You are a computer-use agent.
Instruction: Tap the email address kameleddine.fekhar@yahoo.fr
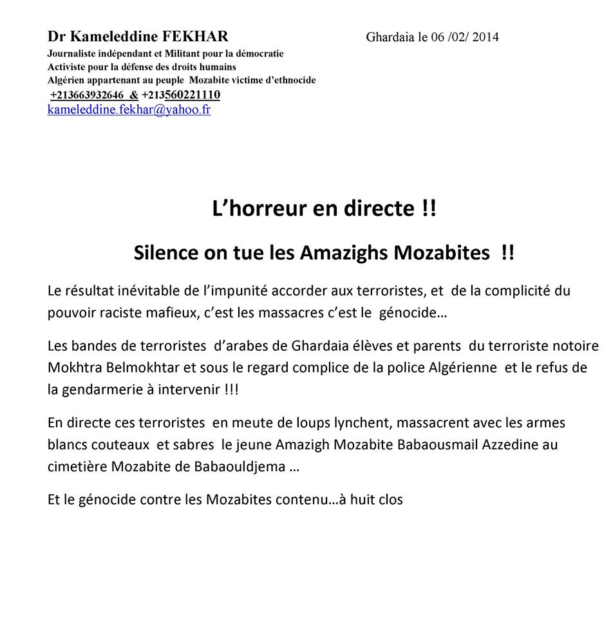129,109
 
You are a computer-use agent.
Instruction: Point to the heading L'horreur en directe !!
324,209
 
